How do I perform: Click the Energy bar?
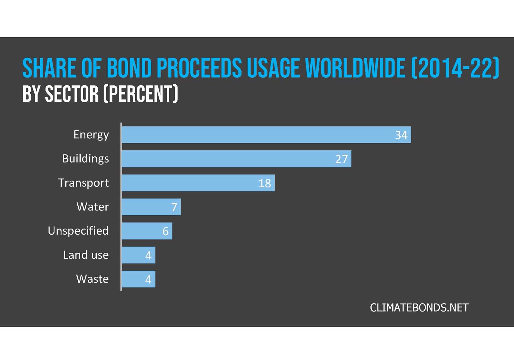(x=266, y=135)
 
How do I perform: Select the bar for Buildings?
(x=236, y=159)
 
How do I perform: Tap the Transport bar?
(x=198, y=183)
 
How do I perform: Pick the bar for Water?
(x=151, y=207)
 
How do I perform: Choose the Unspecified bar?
(x=147, y=231)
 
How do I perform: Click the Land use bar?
(x=138, y=255)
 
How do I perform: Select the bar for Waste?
(x=138, y=279)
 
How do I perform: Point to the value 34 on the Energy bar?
(x=401, y=135)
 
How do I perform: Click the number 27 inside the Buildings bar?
(x=341, y=159)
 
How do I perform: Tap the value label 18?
(x=265, y=183)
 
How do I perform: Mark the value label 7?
(x=174, y=207)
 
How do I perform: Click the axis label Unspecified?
(x=78, y=231)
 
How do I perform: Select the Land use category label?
(x=86, y=255)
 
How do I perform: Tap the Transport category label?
(x=83, y=183)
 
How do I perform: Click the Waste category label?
(x=92, y=279)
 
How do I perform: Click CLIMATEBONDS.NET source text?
(x=419, y=308)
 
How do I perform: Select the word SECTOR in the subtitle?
(x=71, y=94)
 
